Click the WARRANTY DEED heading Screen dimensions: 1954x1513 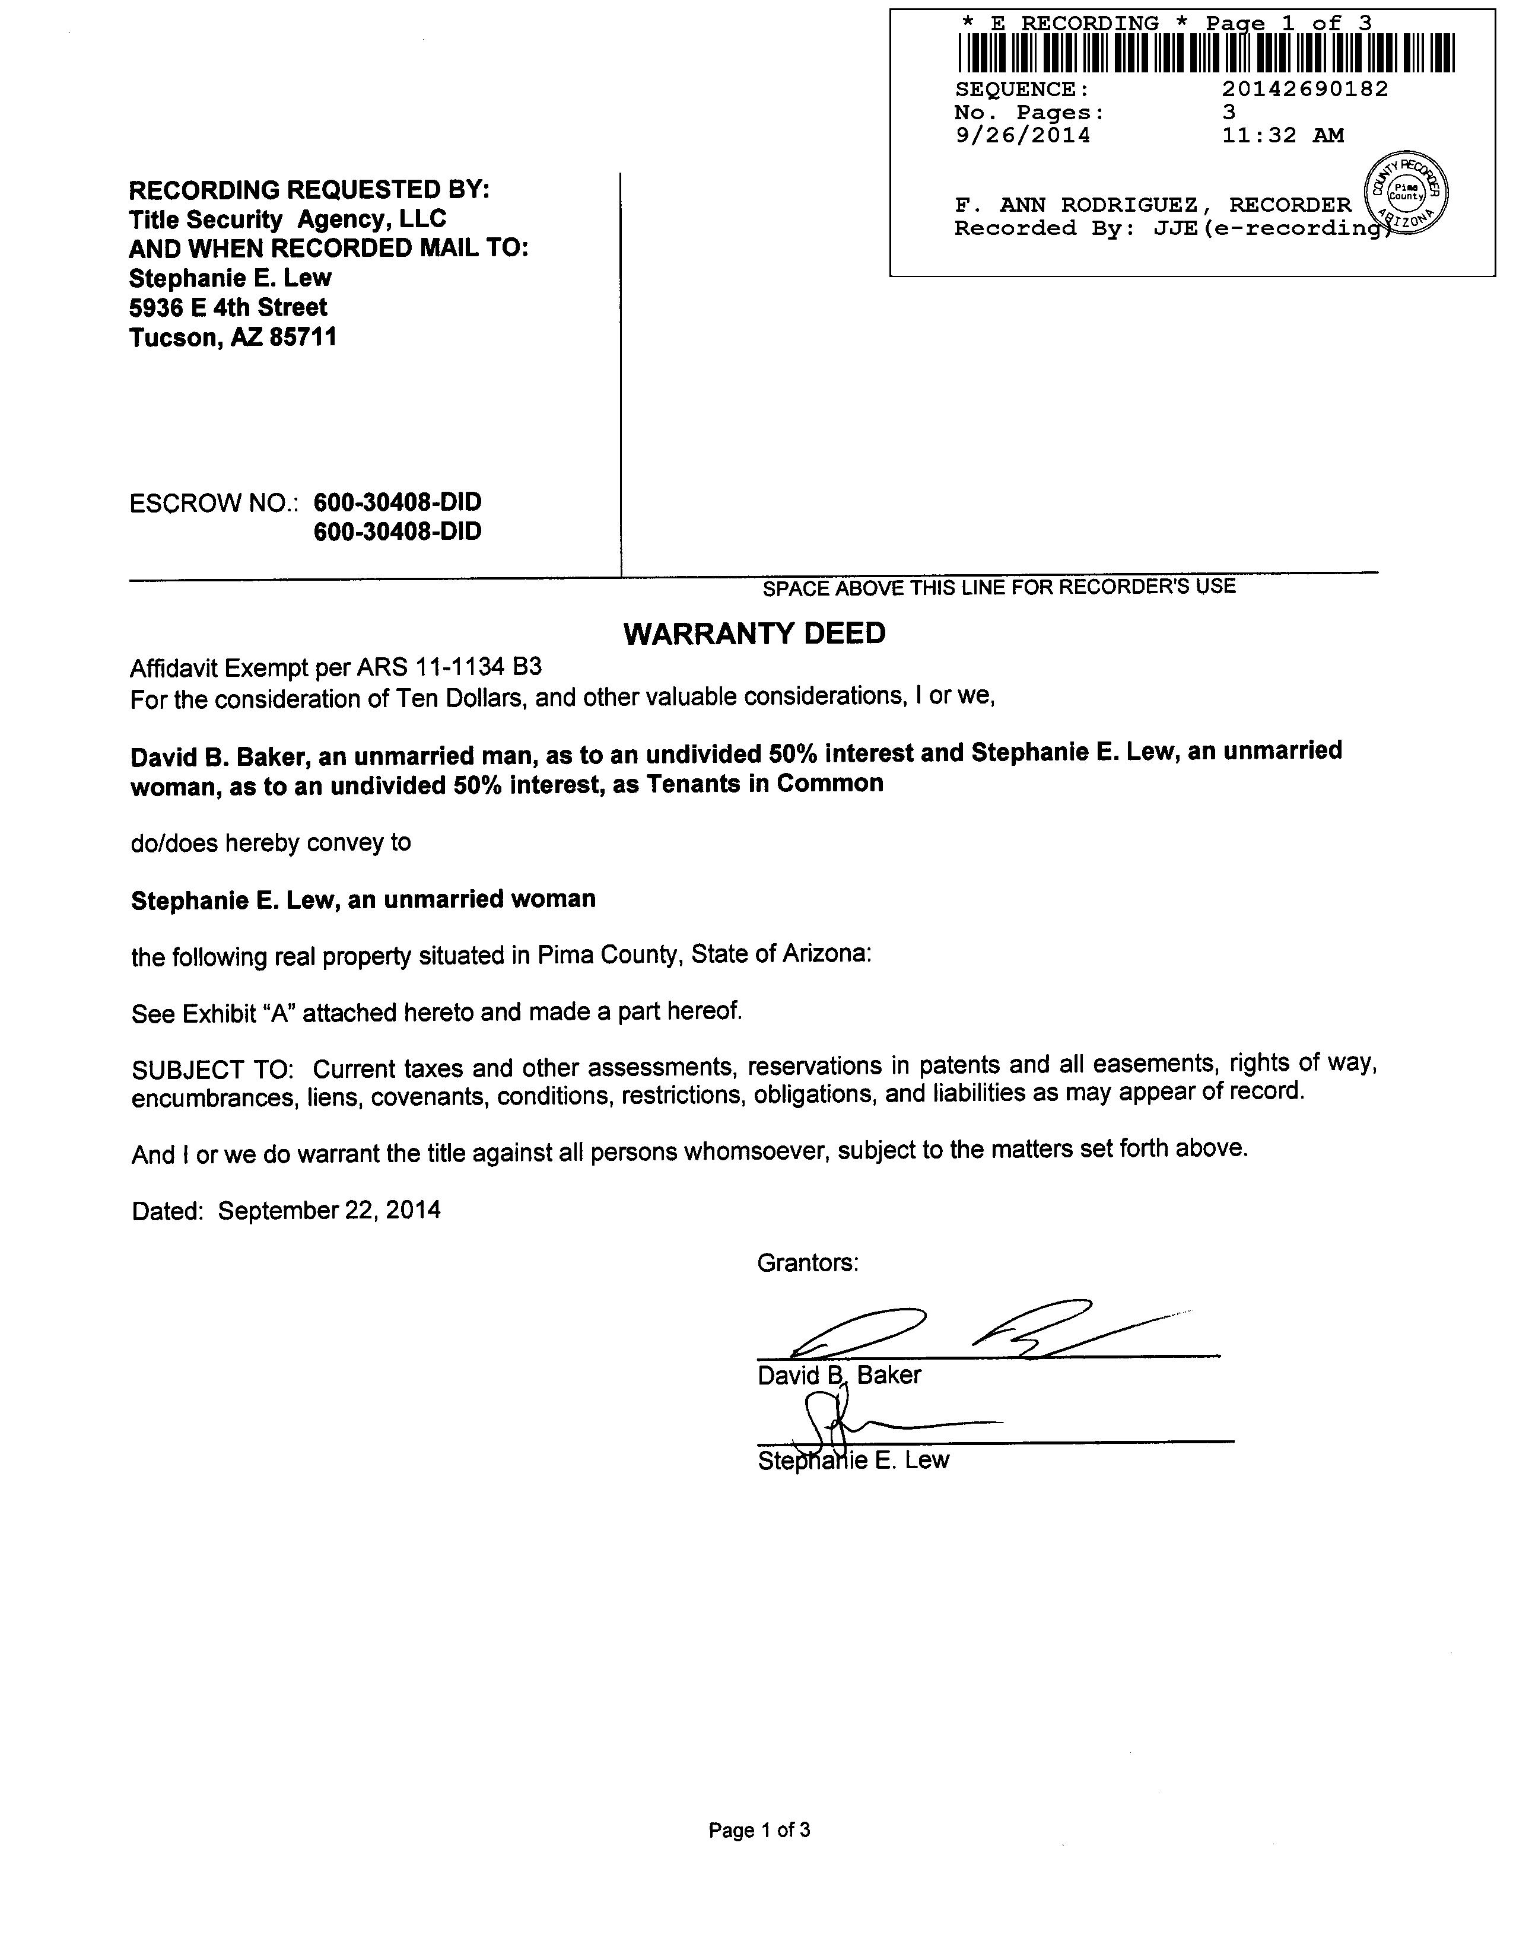[x=754, y=634]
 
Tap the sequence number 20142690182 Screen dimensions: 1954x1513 [x=1305, y=88]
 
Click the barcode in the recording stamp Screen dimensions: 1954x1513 [x=1205, y=53]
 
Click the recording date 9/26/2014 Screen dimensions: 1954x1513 [x=1023, y=135]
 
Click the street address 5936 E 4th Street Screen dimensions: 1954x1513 [x=228, y=308]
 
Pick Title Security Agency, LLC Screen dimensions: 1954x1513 [x=287, y=219]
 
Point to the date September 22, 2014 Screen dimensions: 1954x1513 [x=329, y=1211]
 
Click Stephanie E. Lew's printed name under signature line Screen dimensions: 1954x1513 [x=853, y=1460]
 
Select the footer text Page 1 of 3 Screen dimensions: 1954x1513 [x=759, y=1829]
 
